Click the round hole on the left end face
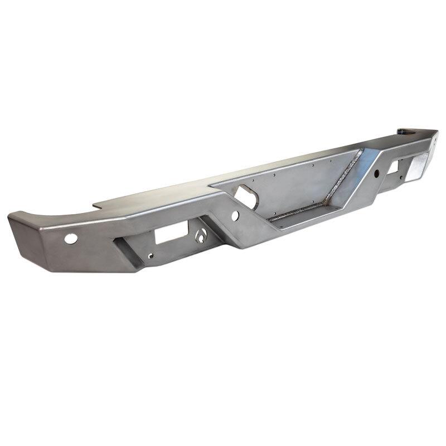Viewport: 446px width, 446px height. tap(71, 238)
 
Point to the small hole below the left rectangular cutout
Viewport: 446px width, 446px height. tap(150, 257)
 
